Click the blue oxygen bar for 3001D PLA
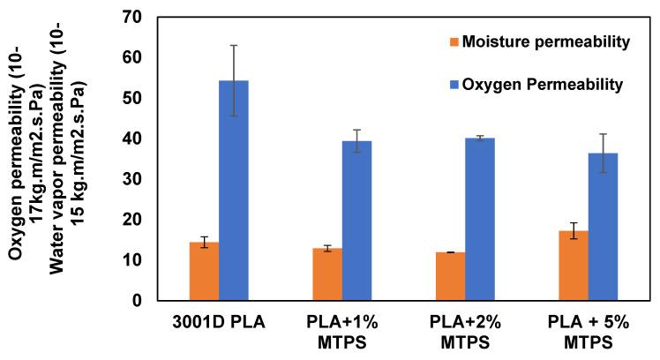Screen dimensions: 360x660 coord(234,191)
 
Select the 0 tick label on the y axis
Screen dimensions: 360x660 coord(137,301)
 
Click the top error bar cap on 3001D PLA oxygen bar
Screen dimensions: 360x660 coord(234,45)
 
